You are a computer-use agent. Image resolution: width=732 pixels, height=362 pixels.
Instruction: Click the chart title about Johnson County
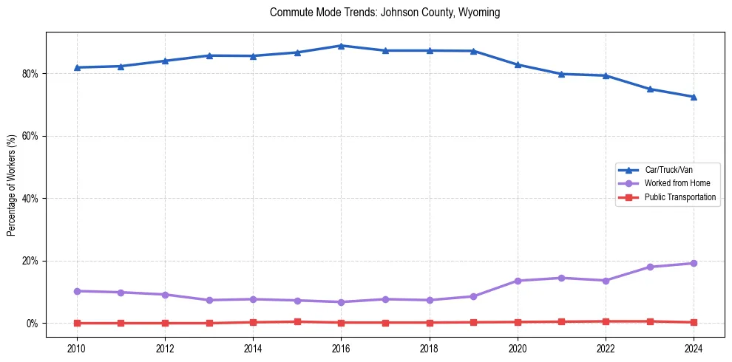click(384, 13)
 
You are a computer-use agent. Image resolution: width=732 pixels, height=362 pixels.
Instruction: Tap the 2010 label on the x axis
click(77, 346)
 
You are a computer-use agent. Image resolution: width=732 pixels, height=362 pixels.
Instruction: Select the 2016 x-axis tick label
click(341, 346)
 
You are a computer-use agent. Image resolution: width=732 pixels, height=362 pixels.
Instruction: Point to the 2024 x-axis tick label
click(694, 346)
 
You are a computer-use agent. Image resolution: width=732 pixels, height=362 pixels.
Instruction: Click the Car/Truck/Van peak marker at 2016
click(341, 46)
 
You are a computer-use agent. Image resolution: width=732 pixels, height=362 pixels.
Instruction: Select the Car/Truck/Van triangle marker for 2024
click(694, 97)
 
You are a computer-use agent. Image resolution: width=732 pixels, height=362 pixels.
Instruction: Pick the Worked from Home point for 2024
click(694, 263)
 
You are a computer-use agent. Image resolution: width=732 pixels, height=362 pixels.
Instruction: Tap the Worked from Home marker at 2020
click(518, 281)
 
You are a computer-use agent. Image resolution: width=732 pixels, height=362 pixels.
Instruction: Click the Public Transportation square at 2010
click(77, 323)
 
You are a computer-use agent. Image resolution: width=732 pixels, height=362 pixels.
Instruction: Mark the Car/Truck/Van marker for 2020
click(518, 65)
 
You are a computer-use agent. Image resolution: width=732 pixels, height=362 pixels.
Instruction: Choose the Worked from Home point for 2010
click(77, 291)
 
